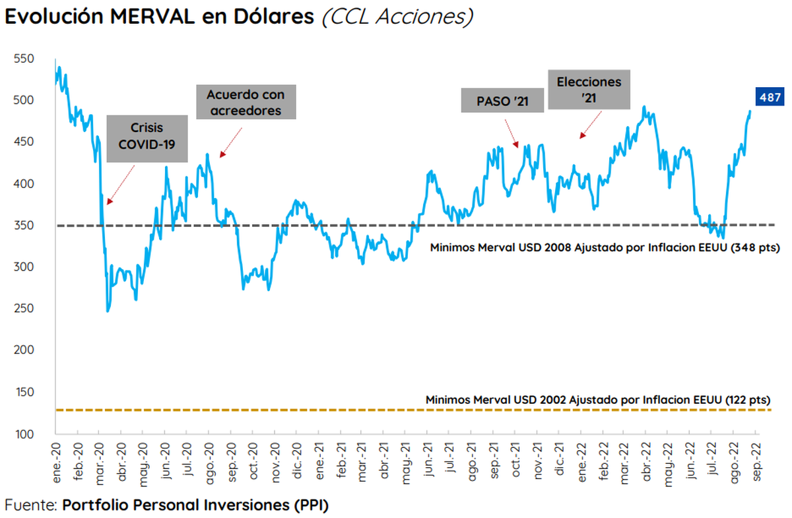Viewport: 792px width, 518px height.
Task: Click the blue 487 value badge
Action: [x=768, y=98]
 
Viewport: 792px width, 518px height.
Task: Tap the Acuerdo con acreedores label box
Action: [x=246, y=102]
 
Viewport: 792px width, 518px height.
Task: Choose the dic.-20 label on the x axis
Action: [x=298, y=463]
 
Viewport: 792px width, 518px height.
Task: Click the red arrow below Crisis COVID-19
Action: [x=120, y=184]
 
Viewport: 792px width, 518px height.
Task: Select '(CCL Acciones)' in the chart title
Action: [x=397, y=18]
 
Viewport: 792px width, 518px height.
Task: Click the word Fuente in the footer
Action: [x=30, y=505]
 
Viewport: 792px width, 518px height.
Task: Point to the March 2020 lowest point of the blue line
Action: [x=108, y=311]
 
